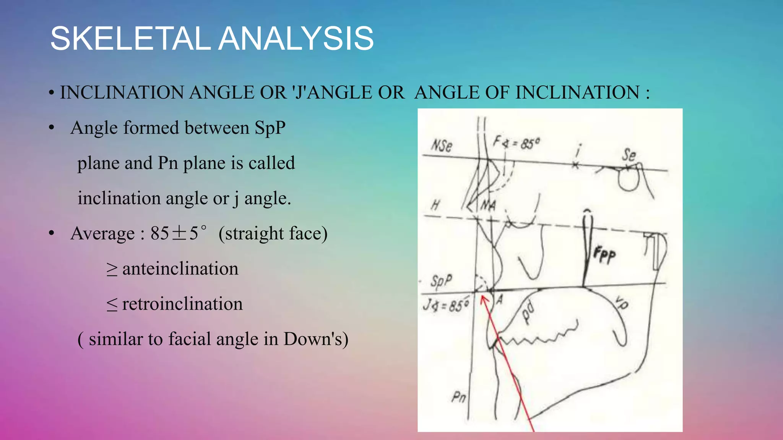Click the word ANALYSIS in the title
tap(296, 39)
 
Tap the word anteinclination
tap(180, 269)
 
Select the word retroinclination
tap(182, 304)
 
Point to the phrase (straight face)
tap(273, 233)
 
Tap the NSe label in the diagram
tap(442, 146)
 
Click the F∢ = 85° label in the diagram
tap(516, 143)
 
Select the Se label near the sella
tap(629, 155)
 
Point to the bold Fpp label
tap(604, 255)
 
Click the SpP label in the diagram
tap(441, 281)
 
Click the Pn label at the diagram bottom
tap(458, 397)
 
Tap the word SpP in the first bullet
tap(270, 128)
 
